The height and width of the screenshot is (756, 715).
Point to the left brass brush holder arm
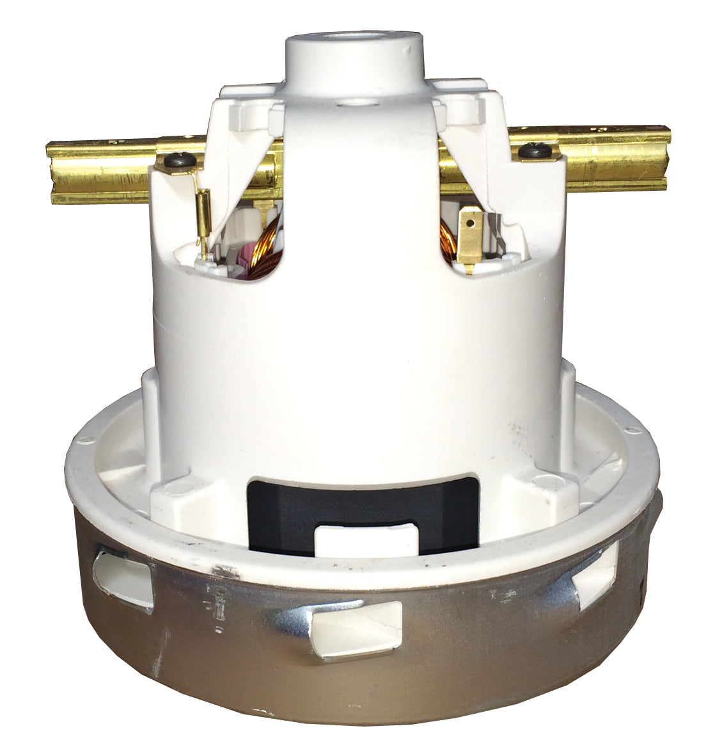point(102,172)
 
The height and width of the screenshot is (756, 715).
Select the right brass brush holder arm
point(614,159)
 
